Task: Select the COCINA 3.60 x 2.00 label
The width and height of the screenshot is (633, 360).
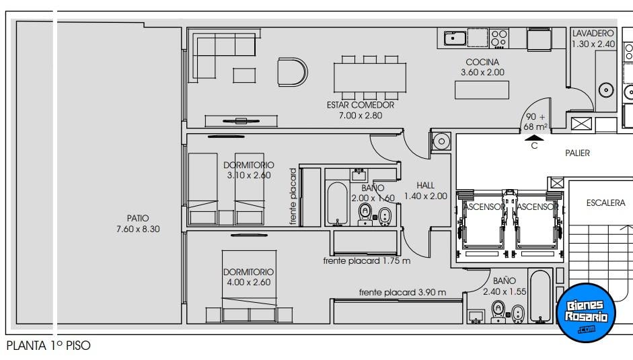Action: click(482, 67)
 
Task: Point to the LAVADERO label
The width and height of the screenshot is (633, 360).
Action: click(593, 33)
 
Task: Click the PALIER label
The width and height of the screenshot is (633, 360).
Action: click(577, 153)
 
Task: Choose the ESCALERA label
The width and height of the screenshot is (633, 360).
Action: click(605, 203)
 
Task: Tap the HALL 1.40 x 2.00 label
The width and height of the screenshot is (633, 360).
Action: click(426, 190)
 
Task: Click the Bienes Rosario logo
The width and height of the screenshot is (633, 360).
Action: click(586, 313)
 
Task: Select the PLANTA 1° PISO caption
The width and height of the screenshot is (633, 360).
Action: click(48, 346)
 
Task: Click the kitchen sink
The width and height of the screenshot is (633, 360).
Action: click(455, 38)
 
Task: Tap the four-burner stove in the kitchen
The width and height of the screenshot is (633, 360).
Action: click(499, 38)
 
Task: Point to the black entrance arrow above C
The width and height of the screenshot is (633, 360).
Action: click(534, 138)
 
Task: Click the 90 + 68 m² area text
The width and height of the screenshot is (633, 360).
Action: click(535, 122)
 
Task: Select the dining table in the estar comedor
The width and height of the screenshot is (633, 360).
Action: click(370, 77)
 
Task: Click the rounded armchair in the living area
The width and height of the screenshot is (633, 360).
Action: click(292, 72)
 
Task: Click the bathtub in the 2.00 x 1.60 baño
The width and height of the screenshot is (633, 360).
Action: click(338, 203)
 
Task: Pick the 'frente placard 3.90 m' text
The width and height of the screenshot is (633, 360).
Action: click(402, 292)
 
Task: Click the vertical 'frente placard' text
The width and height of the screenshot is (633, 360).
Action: click(293, 196)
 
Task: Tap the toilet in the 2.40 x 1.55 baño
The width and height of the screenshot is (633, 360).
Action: click(498, 311)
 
